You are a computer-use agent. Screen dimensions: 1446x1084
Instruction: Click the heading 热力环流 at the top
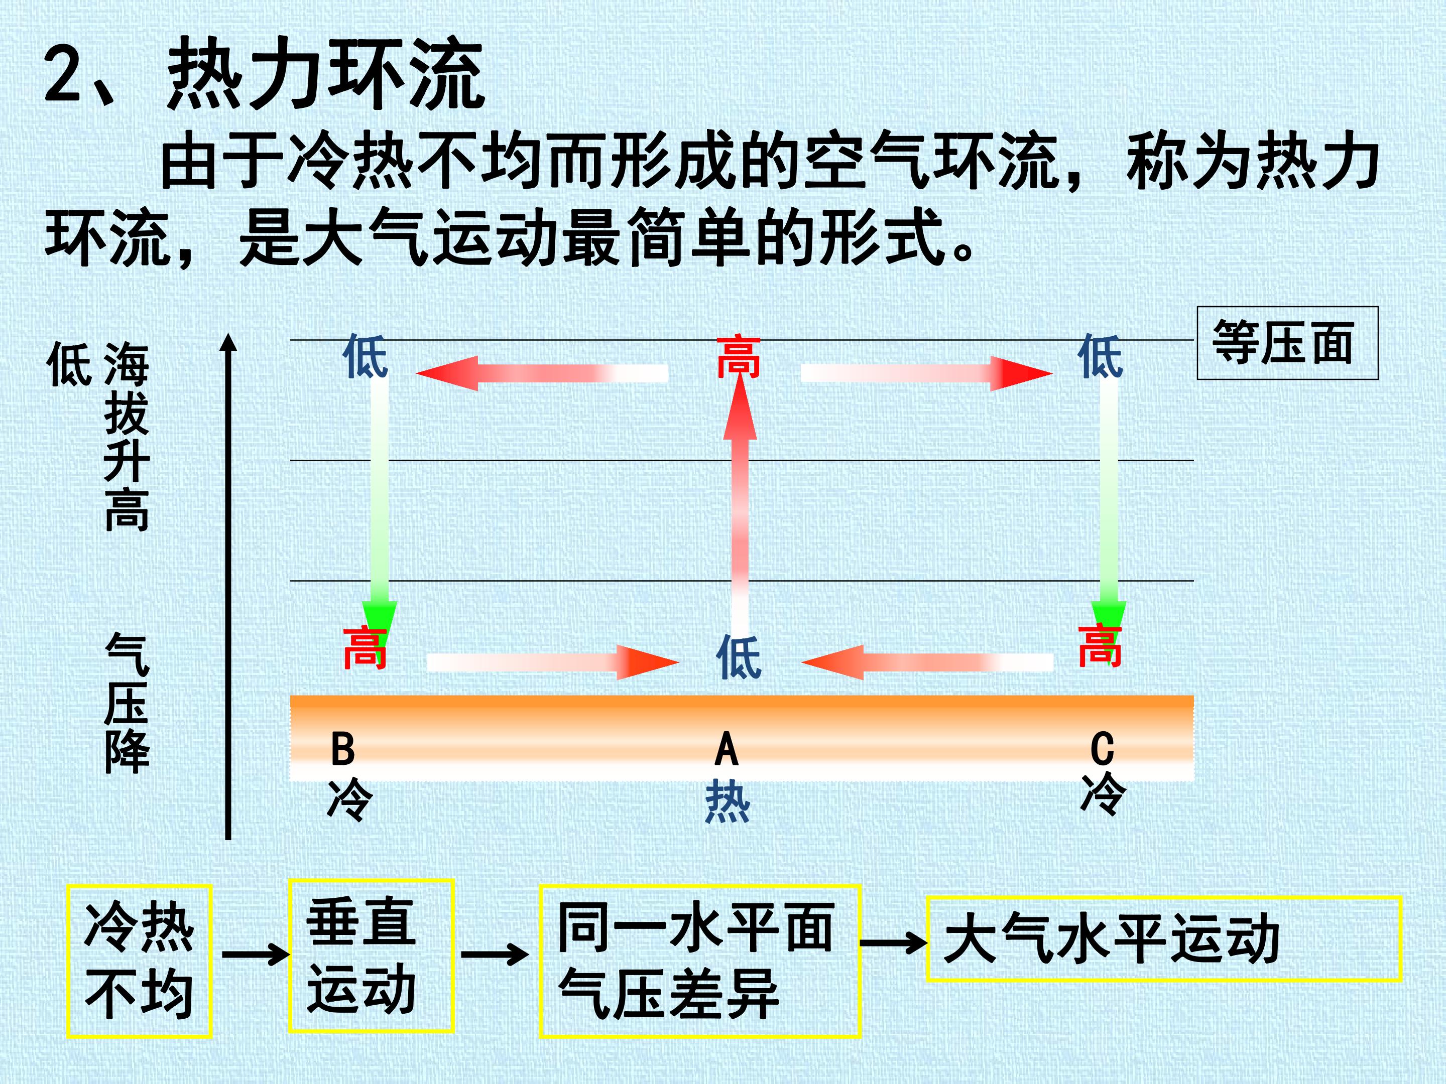tap(325, 74)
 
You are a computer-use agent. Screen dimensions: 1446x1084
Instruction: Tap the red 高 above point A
tap(739, 357)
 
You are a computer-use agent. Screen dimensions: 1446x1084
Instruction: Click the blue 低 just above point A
tap(739, 656)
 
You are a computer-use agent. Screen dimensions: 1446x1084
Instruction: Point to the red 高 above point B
tap(366, 647)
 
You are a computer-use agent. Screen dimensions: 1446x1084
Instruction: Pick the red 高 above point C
tap(1100, 645)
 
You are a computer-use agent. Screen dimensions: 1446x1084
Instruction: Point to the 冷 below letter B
tap(350, 798)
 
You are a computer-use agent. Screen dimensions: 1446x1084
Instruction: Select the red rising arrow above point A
tap(740, 503)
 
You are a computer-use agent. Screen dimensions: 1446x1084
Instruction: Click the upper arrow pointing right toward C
tap(927, 373)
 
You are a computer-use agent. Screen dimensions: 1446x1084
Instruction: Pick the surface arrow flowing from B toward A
tap(553, 662)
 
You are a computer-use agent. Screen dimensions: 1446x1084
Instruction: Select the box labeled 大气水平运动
tap(1164, 939)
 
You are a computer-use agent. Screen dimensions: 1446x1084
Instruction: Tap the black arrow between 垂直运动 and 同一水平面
tap(495, 955)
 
